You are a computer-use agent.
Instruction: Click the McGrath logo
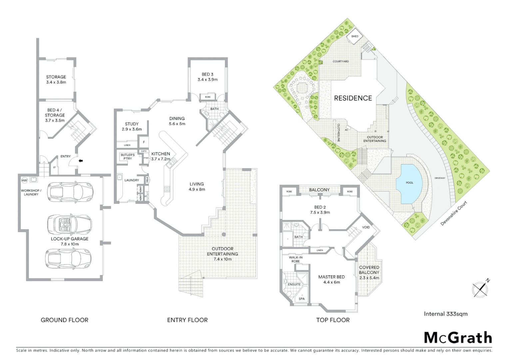point(458,338)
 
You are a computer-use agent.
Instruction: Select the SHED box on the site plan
point(354,36)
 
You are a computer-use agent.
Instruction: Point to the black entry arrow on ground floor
point(80,161)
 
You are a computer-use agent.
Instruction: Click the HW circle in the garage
point(24,180)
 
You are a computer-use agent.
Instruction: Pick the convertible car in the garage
point(70,223)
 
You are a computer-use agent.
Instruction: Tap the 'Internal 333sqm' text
point(446,314)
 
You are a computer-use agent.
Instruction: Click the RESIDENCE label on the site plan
point(353,98)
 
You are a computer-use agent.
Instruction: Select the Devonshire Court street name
point(454,214)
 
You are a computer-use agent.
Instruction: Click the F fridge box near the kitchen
point(144,142)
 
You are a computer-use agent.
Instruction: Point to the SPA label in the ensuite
point(301,299)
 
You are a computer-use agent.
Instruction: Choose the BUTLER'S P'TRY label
point(128,157)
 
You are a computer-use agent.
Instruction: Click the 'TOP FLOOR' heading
point(332,320)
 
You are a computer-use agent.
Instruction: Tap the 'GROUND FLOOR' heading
point(64,320)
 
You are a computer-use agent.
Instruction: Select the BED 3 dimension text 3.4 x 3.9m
point(207,80)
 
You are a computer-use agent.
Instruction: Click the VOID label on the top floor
point(366,227)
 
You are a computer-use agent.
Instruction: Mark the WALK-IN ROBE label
point(295,259)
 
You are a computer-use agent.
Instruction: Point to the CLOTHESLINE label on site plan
point(338,133)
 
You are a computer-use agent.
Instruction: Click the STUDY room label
point(132,124)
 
